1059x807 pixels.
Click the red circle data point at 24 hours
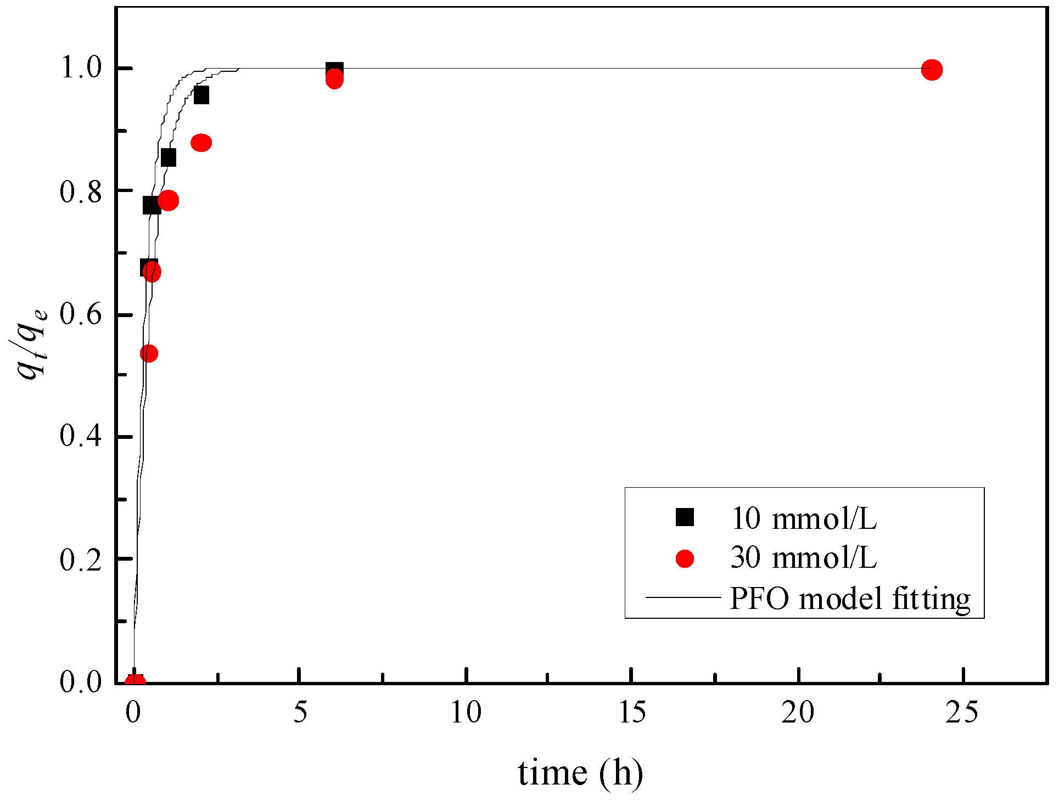[932, 70]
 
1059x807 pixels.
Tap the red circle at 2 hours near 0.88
[201, 143]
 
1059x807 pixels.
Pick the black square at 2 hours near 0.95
[201, 95]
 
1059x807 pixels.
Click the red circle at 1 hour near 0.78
[168, 200]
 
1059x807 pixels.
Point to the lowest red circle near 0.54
[149, 353]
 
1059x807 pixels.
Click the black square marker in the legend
[685, 517]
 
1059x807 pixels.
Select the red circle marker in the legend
[685, 558]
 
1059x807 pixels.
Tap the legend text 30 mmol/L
[803, 558]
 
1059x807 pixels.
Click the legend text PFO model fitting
[850, 599]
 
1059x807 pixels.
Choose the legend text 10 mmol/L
[803, 518]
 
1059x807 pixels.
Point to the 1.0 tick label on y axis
[81, 68]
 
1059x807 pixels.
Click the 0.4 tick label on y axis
[81, 436]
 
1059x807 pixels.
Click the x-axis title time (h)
[580, 774]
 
